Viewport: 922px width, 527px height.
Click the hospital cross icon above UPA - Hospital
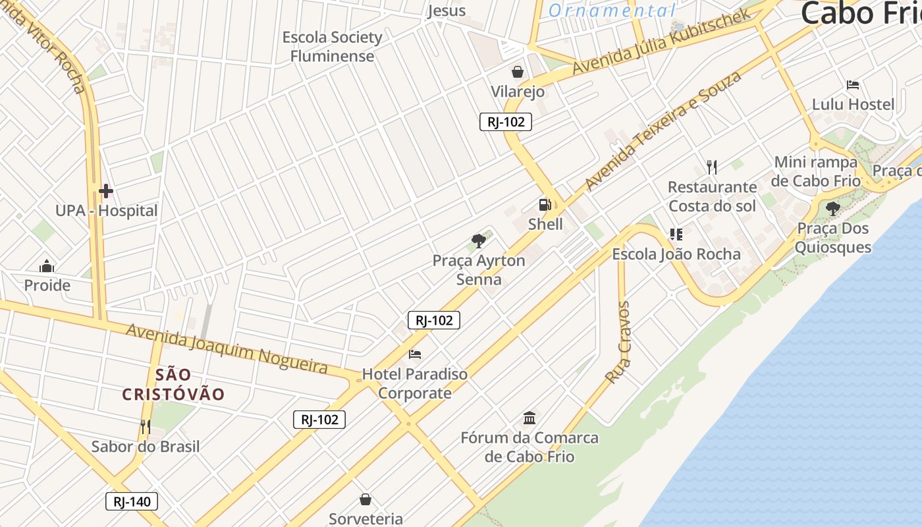pyautogui.click(x=106, y=192)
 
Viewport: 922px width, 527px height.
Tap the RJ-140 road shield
pyautogui.click(x=132, y=501)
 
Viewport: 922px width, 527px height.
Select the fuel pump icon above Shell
pyautogui.click(x=545, y=205)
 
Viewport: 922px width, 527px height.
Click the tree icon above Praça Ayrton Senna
pyautogui.click(x=479, y=241)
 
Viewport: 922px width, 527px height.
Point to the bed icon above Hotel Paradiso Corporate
pyautogui.click(x=415, y=354)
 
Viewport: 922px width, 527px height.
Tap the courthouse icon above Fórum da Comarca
pyautogui.click(x=529, y=418)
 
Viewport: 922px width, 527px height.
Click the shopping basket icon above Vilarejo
pyautogui.click(x=518, y=72)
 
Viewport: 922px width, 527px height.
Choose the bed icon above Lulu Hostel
pyautogui.click(x=853, y=85)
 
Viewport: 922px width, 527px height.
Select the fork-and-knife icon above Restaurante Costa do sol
pyautogui.click(x=711, y=167)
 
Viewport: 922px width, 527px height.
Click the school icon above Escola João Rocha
pyautogui.click(x=676, y=234)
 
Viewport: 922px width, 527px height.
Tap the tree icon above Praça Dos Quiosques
pyautogui.click(x=832, y=209)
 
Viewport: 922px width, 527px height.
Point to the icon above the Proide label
pyautogui.click(x=47, y=266)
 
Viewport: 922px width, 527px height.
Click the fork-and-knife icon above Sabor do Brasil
pyautogui.click(x=145, y=427)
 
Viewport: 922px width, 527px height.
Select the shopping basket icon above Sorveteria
pyautogui.click(x=366, y=499)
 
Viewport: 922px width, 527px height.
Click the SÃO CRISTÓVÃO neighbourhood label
pyautogui.click(x=174, y=385)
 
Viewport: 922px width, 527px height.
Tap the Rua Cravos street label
pyautogui.click(x=618, y=343)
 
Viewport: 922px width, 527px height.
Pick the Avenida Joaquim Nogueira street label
pyautogui.click(x=227, y=348)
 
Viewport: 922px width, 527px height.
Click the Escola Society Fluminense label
pyautogui.click(x=333, y=47)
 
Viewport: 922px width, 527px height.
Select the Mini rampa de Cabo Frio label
pyautogui.click(x=817, y=171)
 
